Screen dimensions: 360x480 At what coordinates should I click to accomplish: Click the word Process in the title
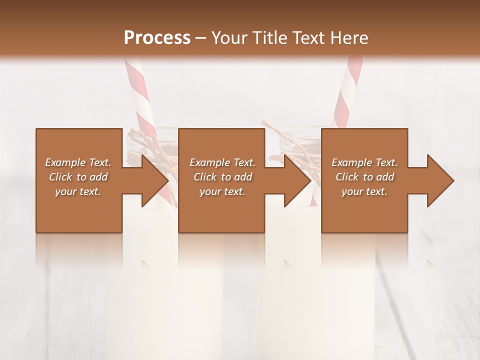[157, 37]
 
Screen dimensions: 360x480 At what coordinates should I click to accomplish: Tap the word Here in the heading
[350, 37]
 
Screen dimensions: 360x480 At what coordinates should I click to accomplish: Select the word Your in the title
[229, 37]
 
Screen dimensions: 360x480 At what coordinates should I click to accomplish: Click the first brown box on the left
[79, 210]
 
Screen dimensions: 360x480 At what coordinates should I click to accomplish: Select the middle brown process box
[221, 210]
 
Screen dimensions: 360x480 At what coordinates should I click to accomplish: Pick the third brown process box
[364, 210]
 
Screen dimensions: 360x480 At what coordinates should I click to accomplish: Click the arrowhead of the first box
[155, 180]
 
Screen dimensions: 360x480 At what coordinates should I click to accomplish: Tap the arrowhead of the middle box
[297, 180]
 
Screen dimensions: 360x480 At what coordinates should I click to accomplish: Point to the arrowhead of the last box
[440, 180]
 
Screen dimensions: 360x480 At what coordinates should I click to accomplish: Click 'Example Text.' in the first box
[78, 162]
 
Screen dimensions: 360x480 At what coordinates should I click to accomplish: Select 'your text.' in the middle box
[222, 191]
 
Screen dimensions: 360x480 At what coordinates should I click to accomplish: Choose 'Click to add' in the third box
[365, 177]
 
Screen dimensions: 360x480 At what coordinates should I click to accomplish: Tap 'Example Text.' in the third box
[364, 162]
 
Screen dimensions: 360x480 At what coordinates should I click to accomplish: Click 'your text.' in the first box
[78, 191]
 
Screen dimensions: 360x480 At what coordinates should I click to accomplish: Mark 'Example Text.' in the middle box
[222, 162]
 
